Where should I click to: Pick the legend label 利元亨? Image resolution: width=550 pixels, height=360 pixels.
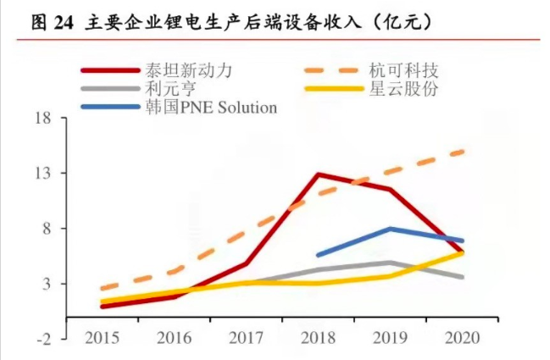pyautogui.click(x=168, y=88)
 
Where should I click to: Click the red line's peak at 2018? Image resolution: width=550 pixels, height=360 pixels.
pyautogui.click(x=318, y=174)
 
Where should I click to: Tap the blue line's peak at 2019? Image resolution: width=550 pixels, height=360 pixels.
pyautogui.click(x=390, y=229)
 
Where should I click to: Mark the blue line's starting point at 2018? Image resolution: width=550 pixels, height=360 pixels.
pyautogui.click(x=318, y=254)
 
